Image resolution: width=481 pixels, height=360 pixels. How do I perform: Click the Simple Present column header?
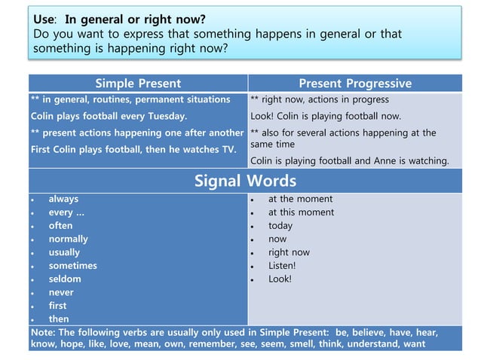(138, 83)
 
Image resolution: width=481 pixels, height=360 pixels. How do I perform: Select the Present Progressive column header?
(355, 83)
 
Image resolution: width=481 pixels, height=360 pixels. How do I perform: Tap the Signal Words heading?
(245, 181)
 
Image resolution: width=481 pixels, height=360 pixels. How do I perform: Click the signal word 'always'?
(63, 199)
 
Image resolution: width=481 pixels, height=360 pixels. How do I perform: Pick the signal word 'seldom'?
(65, 279)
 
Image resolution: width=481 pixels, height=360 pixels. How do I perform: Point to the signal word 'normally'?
(68, 239)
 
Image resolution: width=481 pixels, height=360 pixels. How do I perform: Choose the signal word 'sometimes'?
(72, 265)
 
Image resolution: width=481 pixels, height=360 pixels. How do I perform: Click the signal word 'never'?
(61, 292)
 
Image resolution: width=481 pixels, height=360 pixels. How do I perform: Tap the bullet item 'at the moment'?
(300, 199)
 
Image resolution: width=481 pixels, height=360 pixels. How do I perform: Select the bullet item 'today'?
(280, 225)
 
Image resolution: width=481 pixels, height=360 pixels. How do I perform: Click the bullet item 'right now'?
(289, 252)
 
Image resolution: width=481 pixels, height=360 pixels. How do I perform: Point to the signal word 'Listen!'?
(282, 265)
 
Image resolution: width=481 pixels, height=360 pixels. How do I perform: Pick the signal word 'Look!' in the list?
(280, 279)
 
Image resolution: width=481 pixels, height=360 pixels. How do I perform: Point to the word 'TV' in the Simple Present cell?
(228, 149)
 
